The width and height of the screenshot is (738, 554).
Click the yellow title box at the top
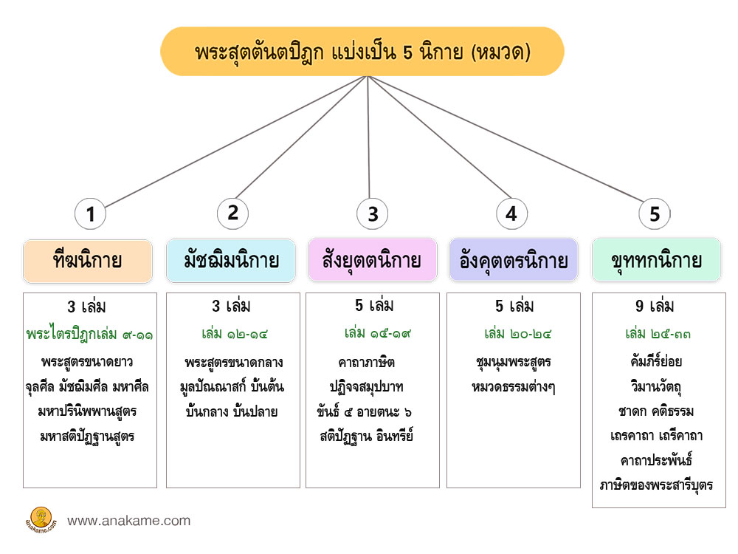point(362,52)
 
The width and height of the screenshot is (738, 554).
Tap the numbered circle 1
point(91,214)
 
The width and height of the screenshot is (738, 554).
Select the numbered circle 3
point(373,214)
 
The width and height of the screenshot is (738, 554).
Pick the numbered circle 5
point(655,214)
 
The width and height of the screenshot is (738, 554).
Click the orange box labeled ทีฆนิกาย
point(88,261)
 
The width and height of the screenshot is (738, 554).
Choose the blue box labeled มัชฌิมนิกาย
point(231,261)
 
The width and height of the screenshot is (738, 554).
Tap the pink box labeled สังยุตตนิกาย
point(372,261)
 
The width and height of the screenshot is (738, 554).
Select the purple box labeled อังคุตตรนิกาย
point(514,261)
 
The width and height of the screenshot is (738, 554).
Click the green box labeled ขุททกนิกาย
point(657,261)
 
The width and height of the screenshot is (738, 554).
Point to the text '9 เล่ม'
point(655,306)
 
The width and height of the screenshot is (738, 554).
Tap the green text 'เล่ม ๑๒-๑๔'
point(232,334)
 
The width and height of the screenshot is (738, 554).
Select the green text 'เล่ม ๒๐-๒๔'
point(514,334)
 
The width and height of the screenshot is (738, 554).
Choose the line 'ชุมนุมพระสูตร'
point(514,362)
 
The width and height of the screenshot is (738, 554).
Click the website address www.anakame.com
point(128,521)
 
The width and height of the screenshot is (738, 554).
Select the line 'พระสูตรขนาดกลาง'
point(234,363)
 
